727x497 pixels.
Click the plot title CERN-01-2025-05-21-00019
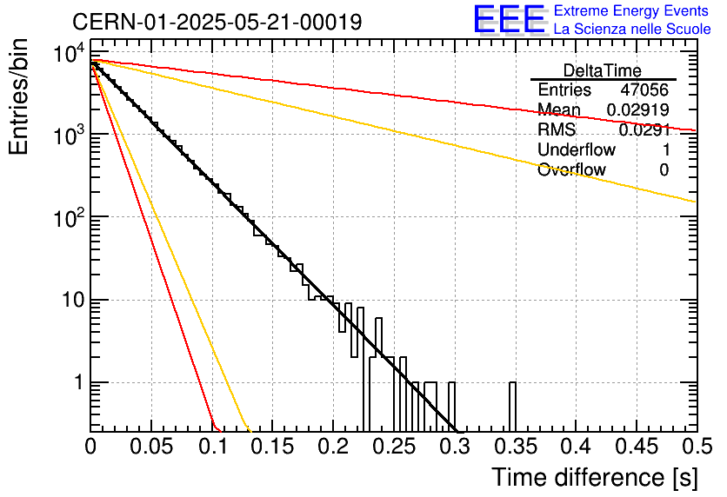[217, 22]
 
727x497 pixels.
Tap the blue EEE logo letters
[510, 18]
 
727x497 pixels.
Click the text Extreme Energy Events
[631, 10]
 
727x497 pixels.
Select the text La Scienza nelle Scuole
[632, 29]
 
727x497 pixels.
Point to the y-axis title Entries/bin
[19, 97]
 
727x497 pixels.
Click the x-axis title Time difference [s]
[595, 477]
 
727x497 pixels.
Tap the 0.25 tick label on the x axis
[395, 447]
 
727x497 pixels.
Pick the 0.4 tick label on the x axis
[576, 447]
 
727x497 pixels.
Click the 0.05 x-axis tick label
[151, 447]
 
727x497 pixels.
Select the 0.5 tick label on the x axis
[697, 447]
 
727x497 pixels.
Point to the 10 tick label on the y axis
[73, 300]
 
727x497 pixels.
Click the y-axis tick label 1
[79, 382]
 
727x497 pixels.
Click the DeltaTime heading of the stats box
[603, 71]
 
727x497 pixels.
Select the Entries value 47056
[644, 89]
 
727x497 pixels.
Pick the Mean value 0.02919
[638, 109]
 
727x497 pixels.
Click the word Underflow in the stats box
[577, 149]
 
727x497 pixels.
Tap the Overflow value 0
[664, 170]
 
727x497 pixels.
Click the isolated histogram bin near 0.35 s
[512, 408]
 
